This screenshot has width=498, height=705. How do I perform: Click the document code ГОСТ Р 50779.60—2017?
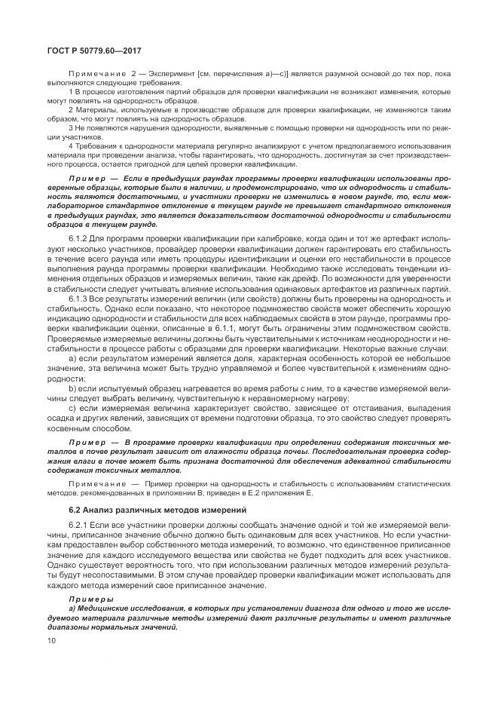tap(78, 50)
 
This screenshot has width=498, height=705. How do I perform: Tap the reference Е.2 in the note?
tap(355, 492)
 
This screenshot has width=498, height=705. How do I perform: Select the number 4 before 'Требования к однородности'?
tap(69, 145)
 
